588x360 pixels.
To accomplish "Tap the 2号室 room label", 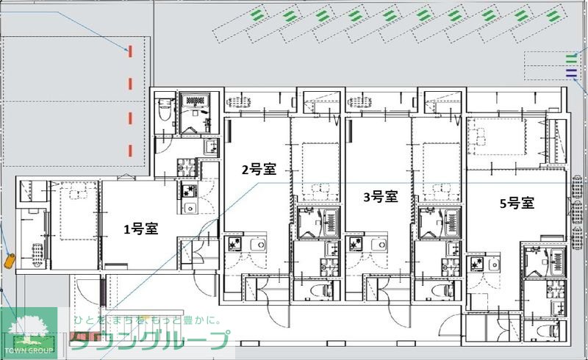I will (x=259, y=170).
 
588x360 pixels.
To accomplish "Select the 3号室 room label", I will (x=381, y=196).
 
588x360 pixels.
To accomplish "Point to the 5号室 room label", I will (x=516, y=204).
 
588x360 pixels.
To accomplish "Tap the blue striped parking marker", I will (x=571, y=72).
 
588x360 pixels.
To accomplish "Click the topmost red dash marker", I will (x=130, y=51).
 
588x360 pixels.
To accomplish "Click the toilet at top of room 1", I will (x=165, y=111).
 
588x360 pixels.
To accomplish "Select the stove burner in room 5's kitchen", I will (x=476, y=263).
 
